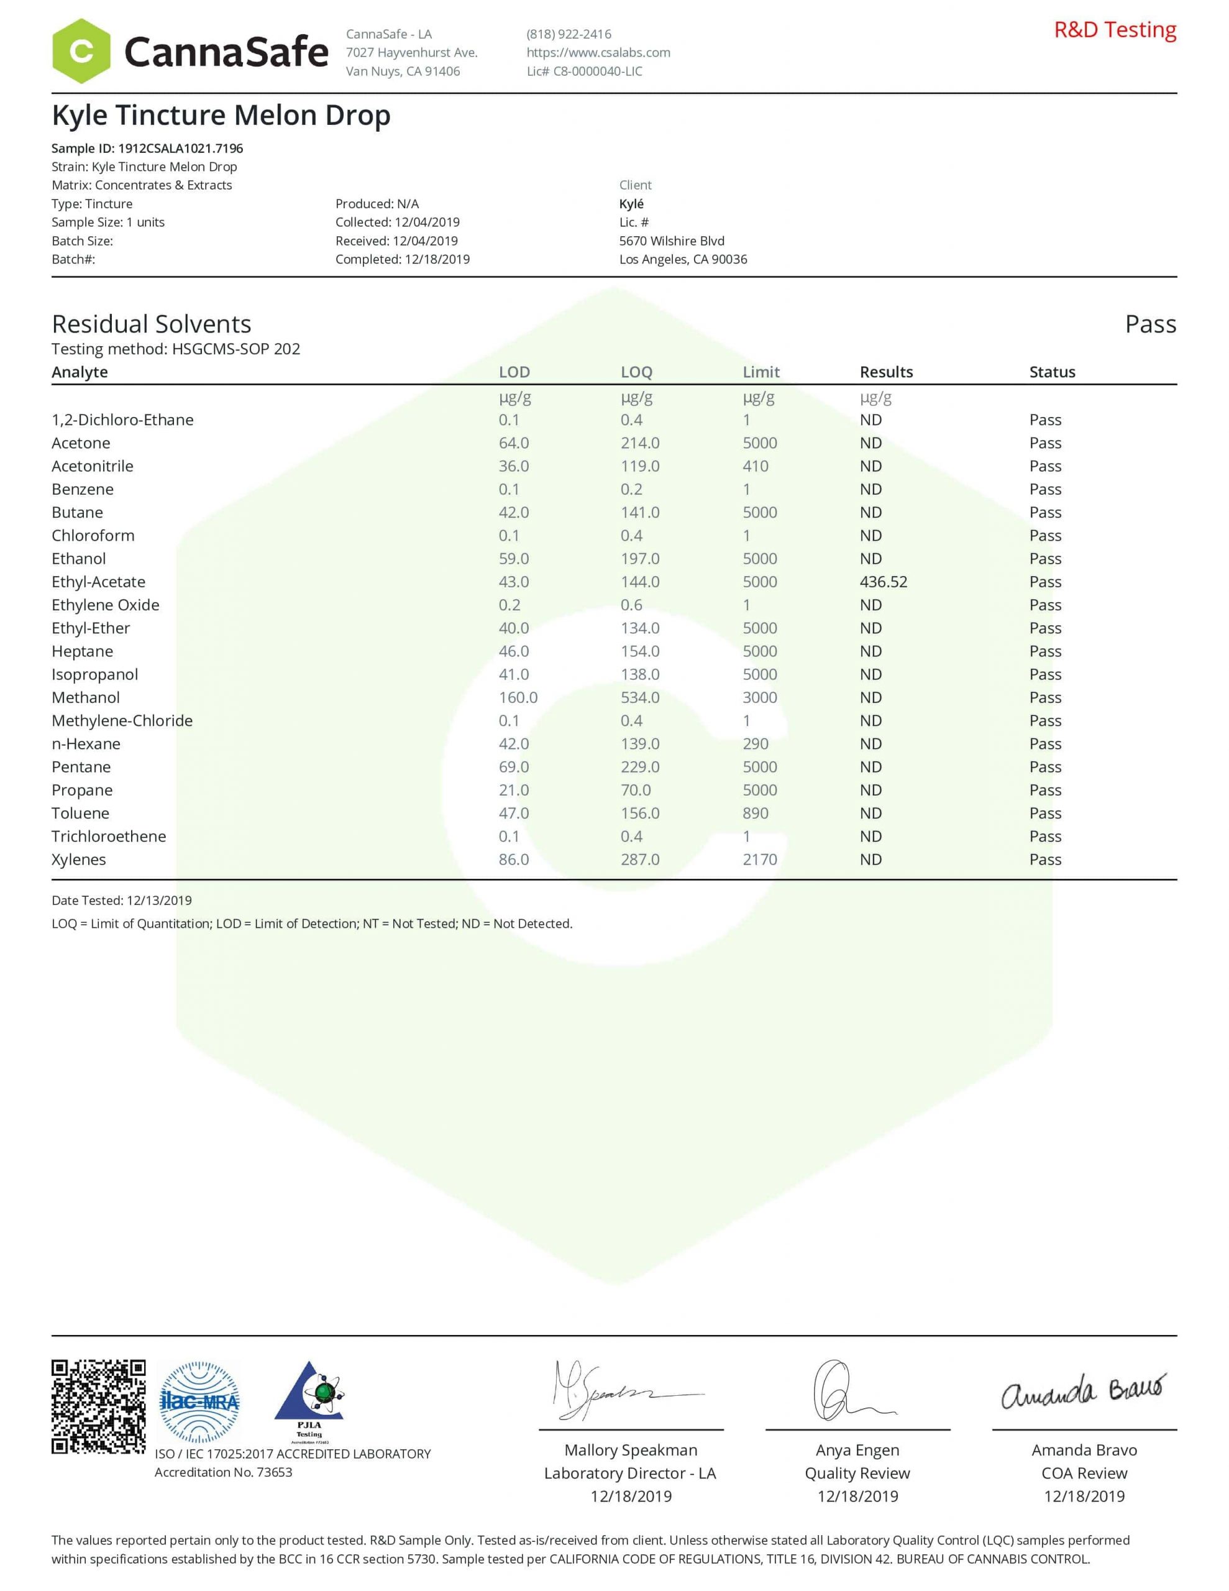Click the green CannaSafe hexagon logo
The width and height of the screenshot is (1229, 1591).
point(81,51)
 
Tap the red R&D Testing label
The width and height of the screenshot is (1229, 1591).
point(1115,30)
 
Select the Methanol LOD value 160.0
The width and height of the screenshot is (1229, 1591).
point(518,698)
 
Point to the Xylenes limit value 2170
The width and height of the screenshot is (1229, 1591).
point(759,860)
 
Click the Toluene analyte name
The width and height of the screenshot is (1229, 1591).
point(80,813)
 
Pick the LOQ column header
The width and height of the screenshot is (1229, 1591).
point(636,372)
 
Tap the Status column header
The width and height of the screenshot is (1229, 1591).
point(1052,372)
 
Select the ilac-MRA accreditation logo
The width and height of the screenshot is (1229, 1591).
point(199,1401)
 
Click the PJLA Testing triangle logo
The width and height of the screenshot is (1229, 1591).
point(309,1401)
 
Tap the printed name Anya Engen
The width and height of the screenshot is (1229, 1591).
point(857,1451)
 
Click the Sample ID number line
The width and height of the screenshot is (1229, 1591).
point(147,149)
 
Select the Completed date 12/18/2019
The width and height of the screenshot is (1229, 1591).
point(402,259)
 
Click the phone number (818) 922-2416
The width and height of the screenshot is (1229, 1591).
point(569,34)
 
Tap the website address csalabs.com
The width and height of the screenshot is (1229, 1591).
point(598,52)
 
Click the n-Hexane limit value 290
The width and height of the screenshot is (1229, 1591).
point(755,744)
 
